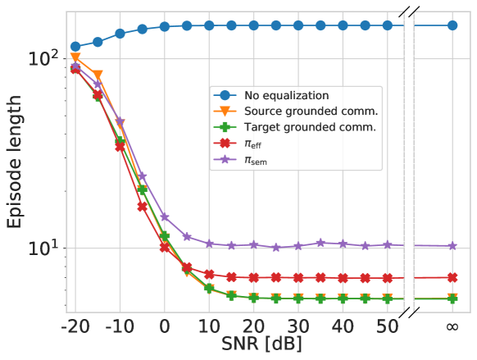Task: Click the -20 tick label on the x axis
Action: (x=73, y=328)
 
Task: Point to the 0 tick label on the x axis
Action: (x=164, y=328)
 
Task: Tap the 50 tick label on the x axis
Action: (x=387, y=328)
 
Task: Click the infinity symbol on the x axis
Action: (x=452, y=328)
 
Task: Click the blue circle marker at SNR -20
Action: (x=75, y=47)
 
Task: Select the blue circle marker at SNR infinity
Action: (x=452, y=25)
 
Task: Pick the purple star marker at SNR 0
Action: (x=165, y=217)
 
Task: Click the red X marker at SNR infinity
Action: (x=452, y=277)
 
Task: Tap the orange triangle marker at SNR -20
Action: (x=75, y=58)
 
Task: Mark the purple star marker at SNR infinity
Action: (x=452, y=246)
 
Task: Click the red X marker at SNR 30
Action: (x=298, y=277)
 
